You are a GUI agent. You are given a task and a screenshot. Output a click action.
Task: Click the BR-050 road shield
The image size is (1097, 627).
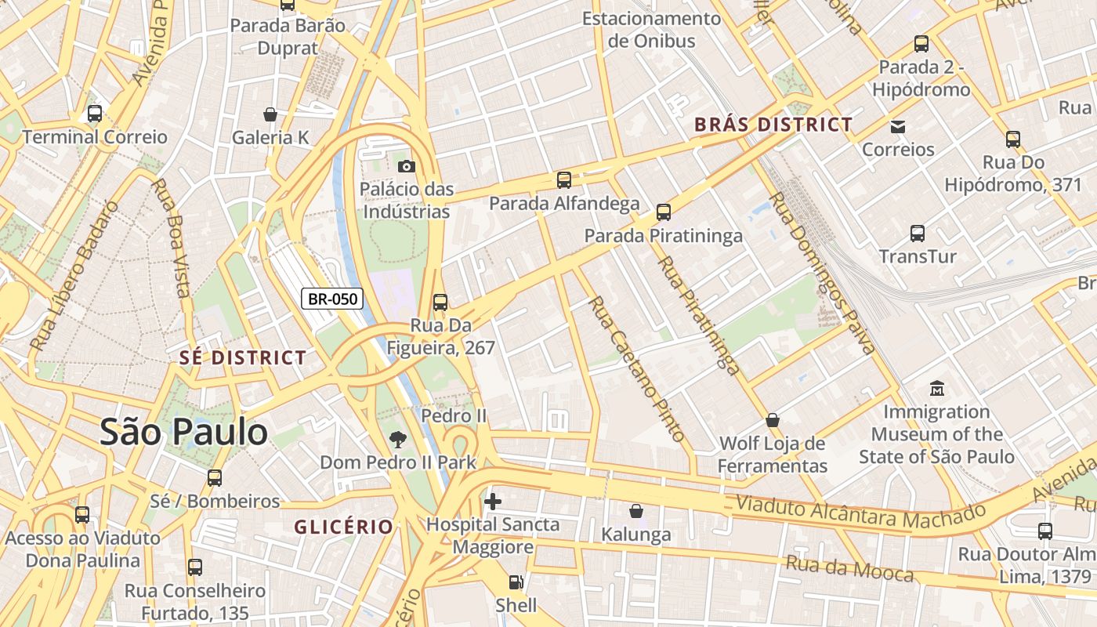[332, 299]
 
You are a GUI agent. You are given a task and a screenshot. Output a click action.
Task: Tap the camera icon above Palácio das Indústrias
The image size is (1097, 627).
[406, 166]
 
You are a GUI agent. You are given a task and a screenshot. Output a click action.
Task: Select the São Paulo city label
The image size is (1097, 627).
[183, 432]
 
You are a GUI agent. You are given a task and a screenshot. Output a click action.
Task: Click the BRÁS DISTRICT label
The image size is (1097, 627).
[773, 125]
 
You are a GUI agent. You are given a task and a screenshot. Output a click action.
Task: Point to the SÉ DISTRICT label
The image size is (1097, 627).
[243, 358]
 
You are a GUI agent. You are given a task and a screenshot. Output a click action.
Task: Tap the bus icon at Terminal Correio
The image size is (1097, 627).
[95, 114]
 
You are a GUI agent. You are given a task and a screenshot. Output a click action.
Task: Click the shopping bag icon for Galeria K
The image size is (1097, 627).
[270, 114]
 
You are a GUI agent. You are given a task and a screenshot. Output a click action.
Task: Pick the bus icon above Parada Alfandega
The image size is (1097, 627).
[563, 180]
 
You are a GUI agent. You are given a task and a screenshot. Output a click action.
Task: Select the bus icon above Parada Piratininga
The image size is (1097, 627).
[664, 212]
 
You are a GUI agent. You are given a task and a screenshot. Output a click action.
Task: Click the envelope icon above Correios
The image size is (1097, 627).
[898, 126]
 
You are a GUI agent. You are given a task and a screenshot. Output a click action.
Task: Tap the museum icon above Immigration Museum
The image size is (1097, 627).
[936, 388]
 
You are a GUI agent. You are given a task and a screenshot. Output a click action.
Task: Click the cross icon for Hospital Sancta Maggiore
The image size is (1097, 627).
[493, 501]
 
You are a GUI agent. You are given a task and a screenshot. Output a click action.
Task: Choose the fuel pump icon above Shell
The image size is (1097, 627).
[516, 582]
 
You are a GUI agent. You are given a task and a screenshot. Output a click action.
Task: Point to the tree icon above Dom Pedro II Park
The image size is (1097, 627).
[398, 439]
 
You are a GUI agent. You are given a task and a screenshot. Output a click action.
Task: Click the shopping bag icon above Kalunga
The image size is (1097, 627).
[636, 511]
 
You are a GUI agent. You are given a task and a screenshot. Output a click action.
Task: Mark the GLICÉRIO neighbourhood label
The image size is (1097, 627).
[343, 527]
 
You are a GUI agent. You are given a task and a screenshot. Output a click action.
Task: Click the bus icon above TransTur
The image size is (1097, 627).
[918, 233]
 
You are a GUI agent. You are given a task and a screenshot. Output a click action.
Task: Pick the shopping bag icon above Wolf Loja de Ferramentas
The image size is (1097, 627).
[773, 420]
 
